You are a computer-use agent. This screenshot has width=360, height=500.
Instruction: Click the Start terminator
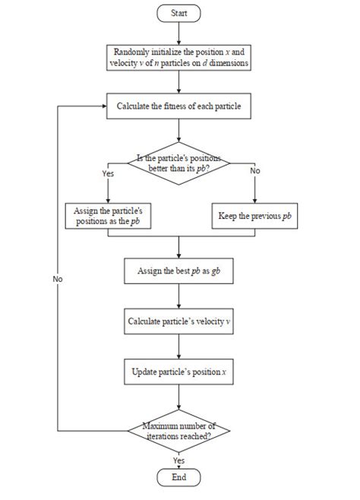pos(178,13)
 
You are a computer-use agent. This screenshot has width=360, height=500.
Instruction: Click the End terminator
pos(178,478)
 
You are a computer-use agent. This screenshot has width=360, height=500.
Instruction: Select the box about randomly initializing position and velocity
pos(178,58)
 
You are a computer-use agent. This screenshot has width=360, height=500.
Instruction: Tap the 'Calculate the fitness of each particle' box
pos(178,106)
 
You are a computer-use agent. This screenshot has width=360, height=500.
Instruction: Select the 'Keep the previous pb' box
pos(254,216)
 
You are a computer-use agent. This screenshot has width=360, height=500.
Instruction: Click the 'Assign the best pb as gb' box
pos(178,271)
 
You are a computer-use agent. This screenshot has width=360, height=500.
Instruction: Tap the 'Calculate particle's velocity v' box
pos(178,321)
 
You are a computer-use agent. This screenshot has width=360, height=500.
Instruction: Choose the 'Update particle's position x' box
pos(178,372)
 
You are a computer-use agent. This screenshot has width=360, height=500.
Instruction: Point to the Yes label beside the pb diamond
pos(107,172)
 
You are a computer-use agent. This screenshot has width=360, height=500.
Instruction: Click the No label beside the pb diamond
pos(254,172)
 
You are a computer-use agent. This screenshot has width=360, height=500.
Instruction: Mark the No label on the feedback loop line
pos(58,279)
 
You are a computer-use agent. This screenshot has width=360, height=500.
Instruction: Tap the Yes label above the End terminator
pos(178,460)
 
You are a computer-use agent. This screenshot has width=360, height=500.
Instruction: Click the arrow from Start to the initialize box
pos(178,33)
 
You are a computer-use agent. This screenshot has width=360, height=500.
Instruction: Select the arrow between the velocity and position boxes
pos(178,347)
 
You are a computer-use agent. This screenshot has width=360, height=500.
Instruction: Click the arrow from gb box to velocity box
pos(178,296)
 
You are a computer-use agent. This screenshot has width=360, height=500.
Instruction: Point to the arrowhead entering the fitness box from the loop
pos(102,106)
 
